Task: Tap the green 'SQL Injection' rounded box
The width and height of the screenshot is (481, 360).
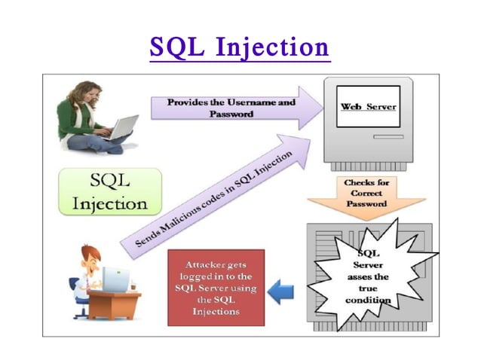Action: point(110,191)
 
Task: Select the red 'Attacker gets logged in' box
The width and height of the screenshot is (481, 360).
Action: point(216,288)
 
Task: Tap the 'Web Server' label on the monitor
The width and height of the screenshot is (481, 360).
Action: point(365,108)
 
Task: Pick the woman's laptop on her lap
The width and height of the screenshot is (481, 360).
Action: point(121,127)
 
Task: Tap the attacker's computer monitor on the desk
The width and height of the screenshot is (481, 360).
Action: point(115,280)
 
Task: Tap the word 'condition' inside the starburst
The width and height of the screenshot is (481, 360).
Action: point(368,300)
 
